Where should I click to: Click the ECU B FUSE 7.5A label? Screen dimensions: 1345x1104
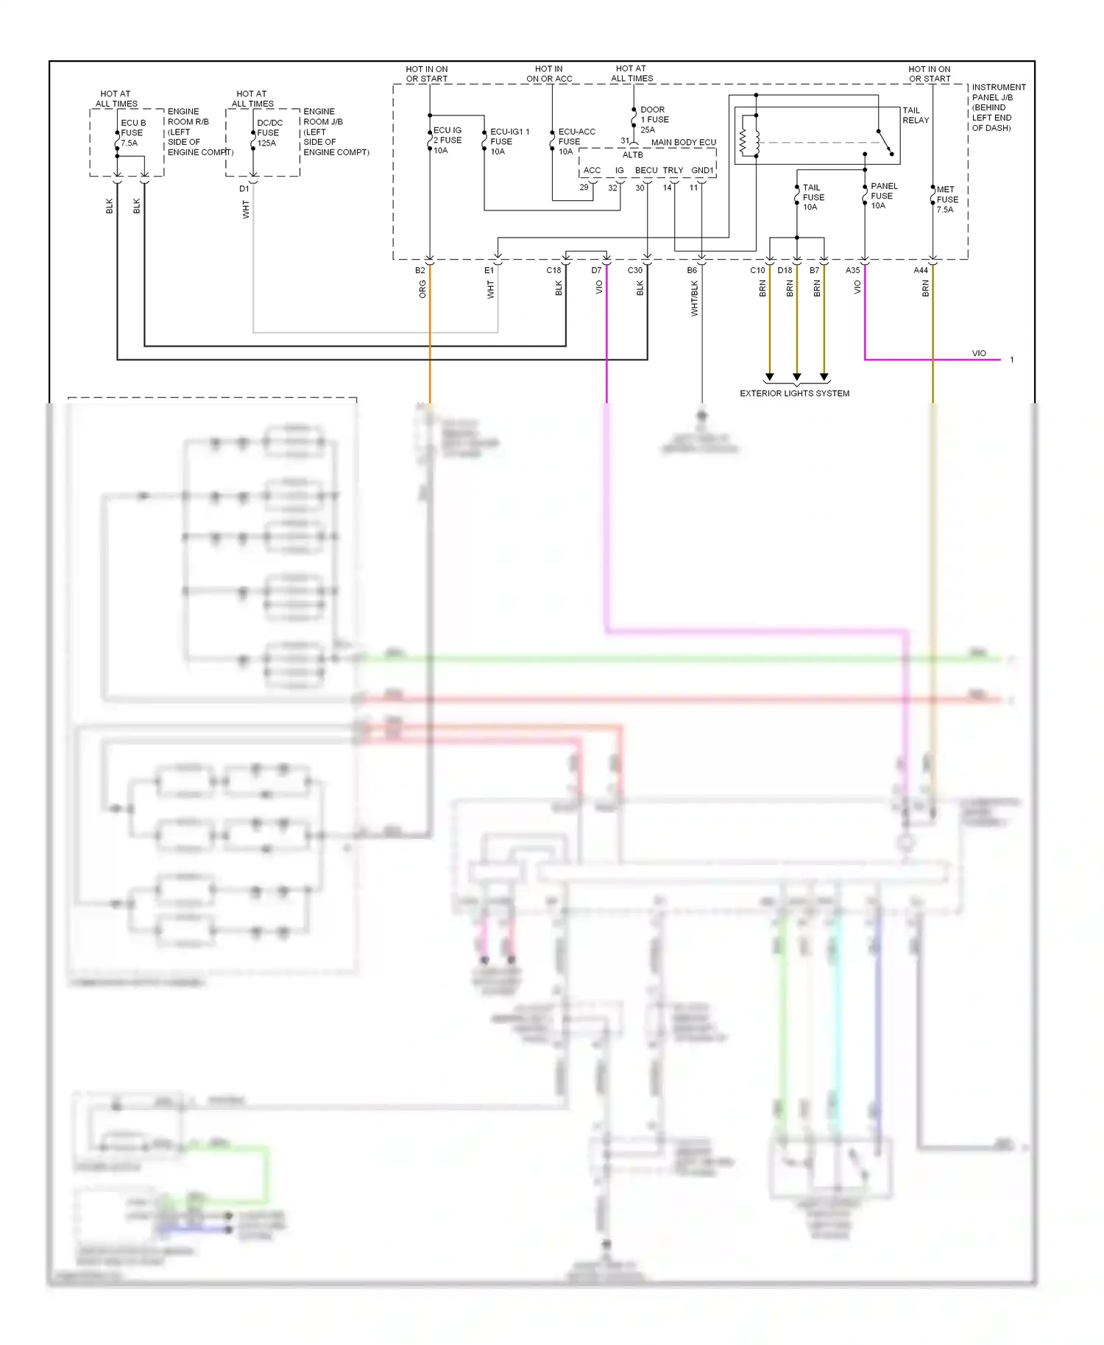[x=132, y=133]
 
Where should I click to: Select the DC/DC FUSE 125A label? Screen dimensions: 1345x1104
[x=269, y=133]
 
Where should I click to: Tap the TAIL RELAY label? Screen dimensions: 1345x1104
[x=916, y=116]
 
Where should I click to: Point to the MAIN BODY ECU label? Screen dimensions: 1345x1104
[x=683, y=143]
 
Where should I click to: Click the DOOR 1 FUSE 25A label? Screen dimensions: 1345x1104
[x=654, y=120]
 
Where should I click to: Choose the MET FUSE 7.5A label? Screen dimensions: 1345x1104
[x=946, y=199]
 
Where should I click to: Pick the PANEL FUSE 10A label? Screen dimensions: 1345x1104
[x=882, y=196]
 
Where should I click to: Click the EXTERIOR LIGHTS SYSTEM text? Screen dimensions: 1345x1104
[x=794, y=394]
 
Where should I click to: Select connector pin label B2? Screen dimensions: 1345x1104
[x=420, y=271]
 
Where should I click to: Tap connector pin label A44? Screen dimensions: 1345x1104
[x=920, y=271]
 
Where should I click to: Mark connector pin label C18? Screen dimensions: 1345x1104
[x=553, y=271]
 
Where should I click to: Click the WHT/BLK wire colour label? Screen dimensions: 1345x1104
[x=694, y=299]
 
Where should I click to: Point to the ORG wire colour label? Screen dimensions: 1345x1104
[x=422, y=290]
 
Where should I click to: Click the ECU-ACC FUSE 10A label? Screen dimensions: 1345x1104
[x=576, y=142]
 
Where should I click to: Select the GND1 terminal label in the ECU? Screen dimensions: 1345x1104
[x=701, y=171]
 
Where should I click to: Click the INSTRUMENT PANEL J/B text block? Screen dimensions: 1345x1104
[x=997, y=107]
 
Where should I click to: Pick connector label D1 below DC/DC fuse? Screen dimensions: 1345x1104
[x=244, y=189]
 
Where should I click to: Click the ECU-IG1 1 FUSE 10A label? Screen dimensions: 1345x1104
[x=509, y=142]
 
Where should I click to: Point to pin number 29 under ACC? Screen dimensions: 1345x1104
[x=584, y=188]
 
